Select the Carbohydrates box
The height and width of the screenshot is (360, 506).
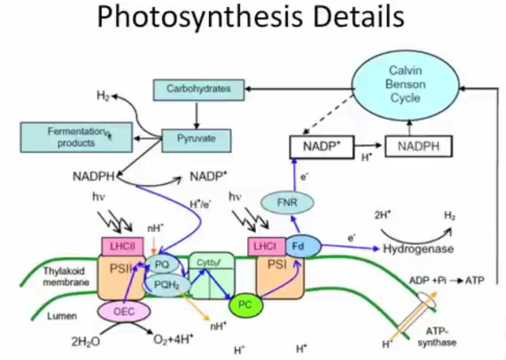coord(198,89)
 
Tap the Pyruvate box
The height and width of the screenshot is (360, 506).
coord(196,139)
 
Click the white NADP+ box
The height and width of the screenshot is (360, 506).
coord(322,145)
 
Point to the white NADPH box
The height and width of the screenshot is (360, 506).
coord(418,145)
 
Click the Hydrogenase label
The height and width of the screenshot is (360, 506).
coord(418,248)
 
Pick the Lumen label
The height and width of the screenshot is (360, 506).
coord(62,316)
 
